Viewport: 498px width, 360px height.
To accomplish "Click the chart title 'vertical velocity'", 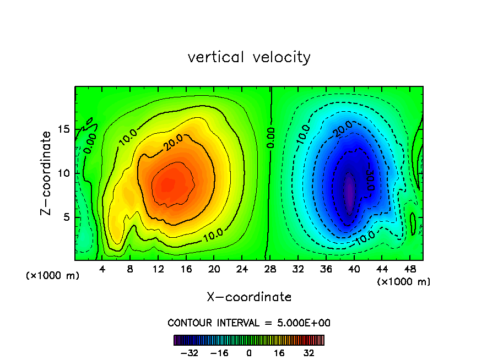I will click(249, 57).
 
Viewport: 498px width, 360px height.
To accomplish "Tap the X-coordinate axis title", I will click(249, 297).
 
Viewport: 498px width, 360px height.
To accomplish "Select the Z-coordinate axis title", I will click(47, 173).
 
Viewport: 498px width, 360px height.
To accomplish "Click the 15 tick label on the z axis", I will click(62, 129).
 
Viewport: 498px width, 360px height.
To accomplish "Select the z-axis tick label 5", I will click(65, 217).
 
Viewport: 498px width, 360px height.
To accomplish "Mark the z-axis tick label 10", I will click(62, 173).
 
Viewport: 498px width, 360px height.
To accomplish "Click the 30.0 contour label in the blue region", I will click(369, 179).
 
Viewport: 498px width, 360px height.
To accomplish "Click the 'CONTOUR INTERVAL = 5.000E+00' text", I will click(249, 323).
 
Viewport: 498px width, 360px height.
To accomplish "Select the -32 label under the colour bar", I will click(190, 352).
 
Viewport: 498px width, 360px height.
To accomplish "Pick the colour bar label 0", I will click(249, 352).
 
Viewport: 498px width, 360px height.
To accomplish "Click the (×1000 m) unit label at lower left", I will click(53, 276).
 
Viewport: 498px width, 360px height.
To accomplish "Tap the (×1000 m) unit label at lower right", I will click(404, 282).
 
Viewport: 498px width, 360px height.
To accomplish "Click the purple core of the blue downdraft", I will click(349, 190).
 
